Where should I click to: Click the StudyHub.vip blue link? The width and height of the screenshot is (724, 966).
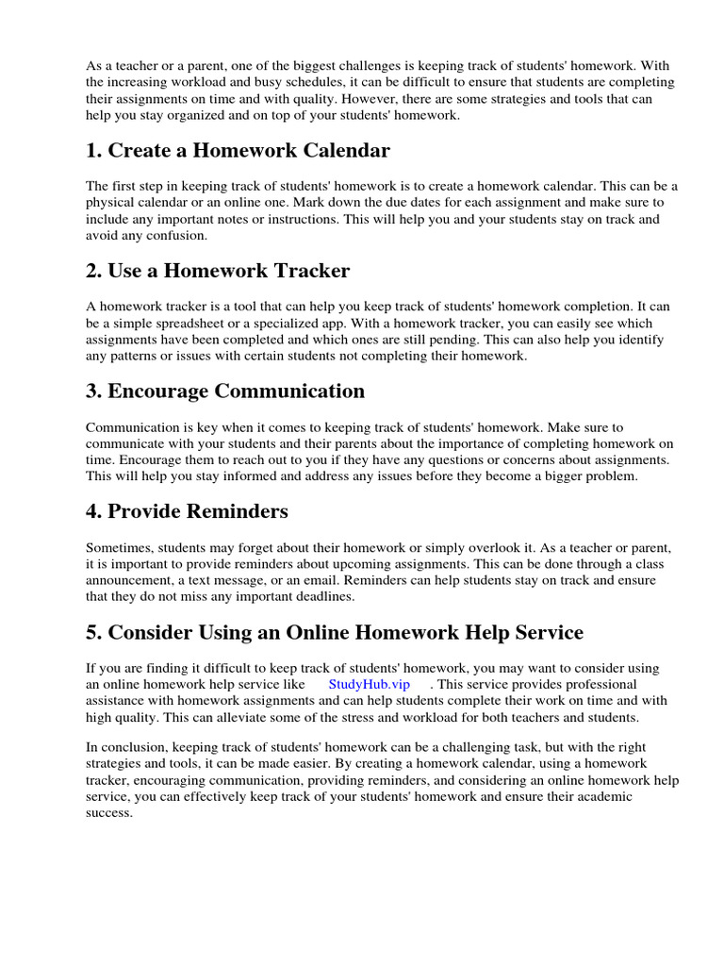click(369, 684)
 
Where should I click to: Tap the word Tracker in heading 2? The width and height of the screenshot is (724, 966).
click(304, 271)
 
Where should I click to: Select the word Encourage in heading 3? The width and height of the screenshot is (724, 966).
click(158, 391)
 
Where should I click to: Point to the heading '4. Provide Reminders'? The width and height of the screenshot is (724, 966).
click(187, 511)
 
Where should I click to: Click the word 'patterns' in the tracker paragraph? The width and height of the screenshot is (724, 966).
click(137, 356)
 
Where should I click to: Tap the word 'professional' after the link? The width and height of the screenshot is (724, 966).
click(597, 684)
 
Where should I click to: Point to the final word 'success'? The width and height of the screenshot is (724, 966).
click(108, 811)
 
